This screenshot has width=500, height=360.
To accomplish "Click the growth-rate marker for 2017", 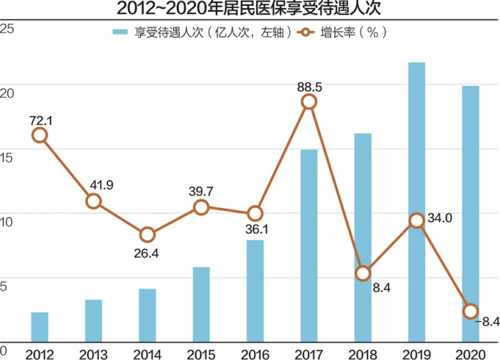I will [309, 101].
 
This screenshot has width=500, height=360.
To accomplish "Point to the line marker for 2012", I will [39, 135].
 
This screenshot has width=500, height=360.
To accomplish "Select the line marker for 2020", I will [470, 311].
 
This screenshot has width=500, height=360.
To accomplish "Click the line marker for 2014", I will [147, 235].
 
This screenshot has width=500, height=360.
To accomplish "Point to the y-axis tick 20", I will [7, 92].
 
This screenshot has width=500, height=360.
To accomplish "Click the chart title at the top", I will [250, 9].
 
